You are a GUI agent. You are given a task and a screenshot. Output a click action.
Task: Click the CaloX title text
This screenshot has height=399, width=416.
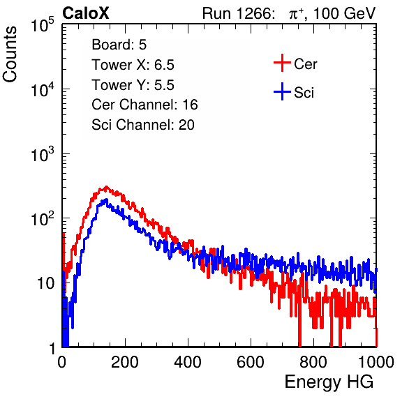pyautogui.click(x=86, y=13)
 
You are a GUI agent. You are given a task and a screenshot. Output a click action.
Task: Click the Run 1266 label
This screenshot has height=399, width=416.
pyautogui.click(x=237, y=13)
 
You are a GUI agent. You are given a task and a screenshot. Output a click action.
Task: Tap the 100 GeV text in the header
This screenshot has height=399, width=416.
pyautogui.click(x=344, y=13)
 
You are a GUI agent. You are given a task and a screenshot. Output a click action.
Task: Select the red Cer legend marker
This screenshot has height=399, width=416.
pyautogui.click(x=282, y=63)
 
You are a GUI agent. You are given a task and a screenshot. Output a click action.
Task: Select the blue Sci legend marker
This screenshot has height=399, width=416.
pyautogui.click(x=282, y=91)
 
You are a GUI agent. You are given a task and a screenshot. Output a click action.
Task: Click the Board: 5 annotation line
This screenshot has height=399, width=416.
pyautogui.click(x=119, y=45)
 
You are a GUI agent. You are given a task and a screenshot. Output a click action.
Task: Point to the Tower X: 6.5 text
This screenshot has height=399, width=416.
pyautogui.click(x=133, y=65)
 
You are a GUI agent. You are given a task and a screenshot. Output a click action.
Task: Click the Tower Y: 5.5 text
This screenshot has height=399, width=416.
pyautogui.click(x=133, y=85)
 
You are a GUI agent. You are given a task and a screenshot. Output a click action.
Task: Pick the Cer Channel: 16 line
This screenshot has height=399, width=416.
pyautogui.click(x=144, y=105)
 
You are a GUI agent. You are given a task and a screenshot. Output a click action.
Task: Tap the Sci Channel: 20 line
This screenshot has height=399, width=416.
pyautogui.click(x=143, y=125)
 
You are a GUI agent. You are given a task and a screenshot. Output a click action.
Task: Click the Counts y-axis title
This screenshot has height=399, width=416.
pyautogui.click(x=10, y=54)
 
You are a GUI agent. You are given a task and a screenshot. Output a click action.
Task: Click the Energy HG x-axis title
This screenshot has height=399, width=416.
pyautogui.click(x=329, y=382)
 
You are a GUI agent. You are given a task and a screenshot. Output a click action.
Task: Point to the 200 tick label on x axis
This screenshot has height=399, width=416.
pyautogui.click(x=125, y=362)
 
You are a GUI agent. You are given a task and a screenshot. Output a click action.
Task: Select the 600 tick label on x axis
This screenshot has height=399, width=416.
pyautogui.click(x=251, y=362)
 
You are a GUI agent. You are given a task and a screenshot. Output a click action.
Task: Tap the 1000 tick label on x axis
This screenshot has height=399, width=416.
pyautogui.click(x=376, y=362)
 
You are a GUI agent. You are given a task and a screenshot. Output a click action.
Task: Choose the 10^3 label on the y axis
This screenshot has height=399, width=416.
pyautogui.click(x=43, y=154)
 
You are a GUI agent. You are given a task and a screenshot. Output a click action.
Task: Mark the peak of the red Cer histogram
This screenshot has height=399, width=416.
pyautogui.click(x=106, y=187)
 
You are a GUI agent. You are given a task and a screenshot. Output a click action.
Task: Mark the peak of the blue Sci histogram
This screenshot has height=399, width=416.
pyautogui.click(x=106, y=200)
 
